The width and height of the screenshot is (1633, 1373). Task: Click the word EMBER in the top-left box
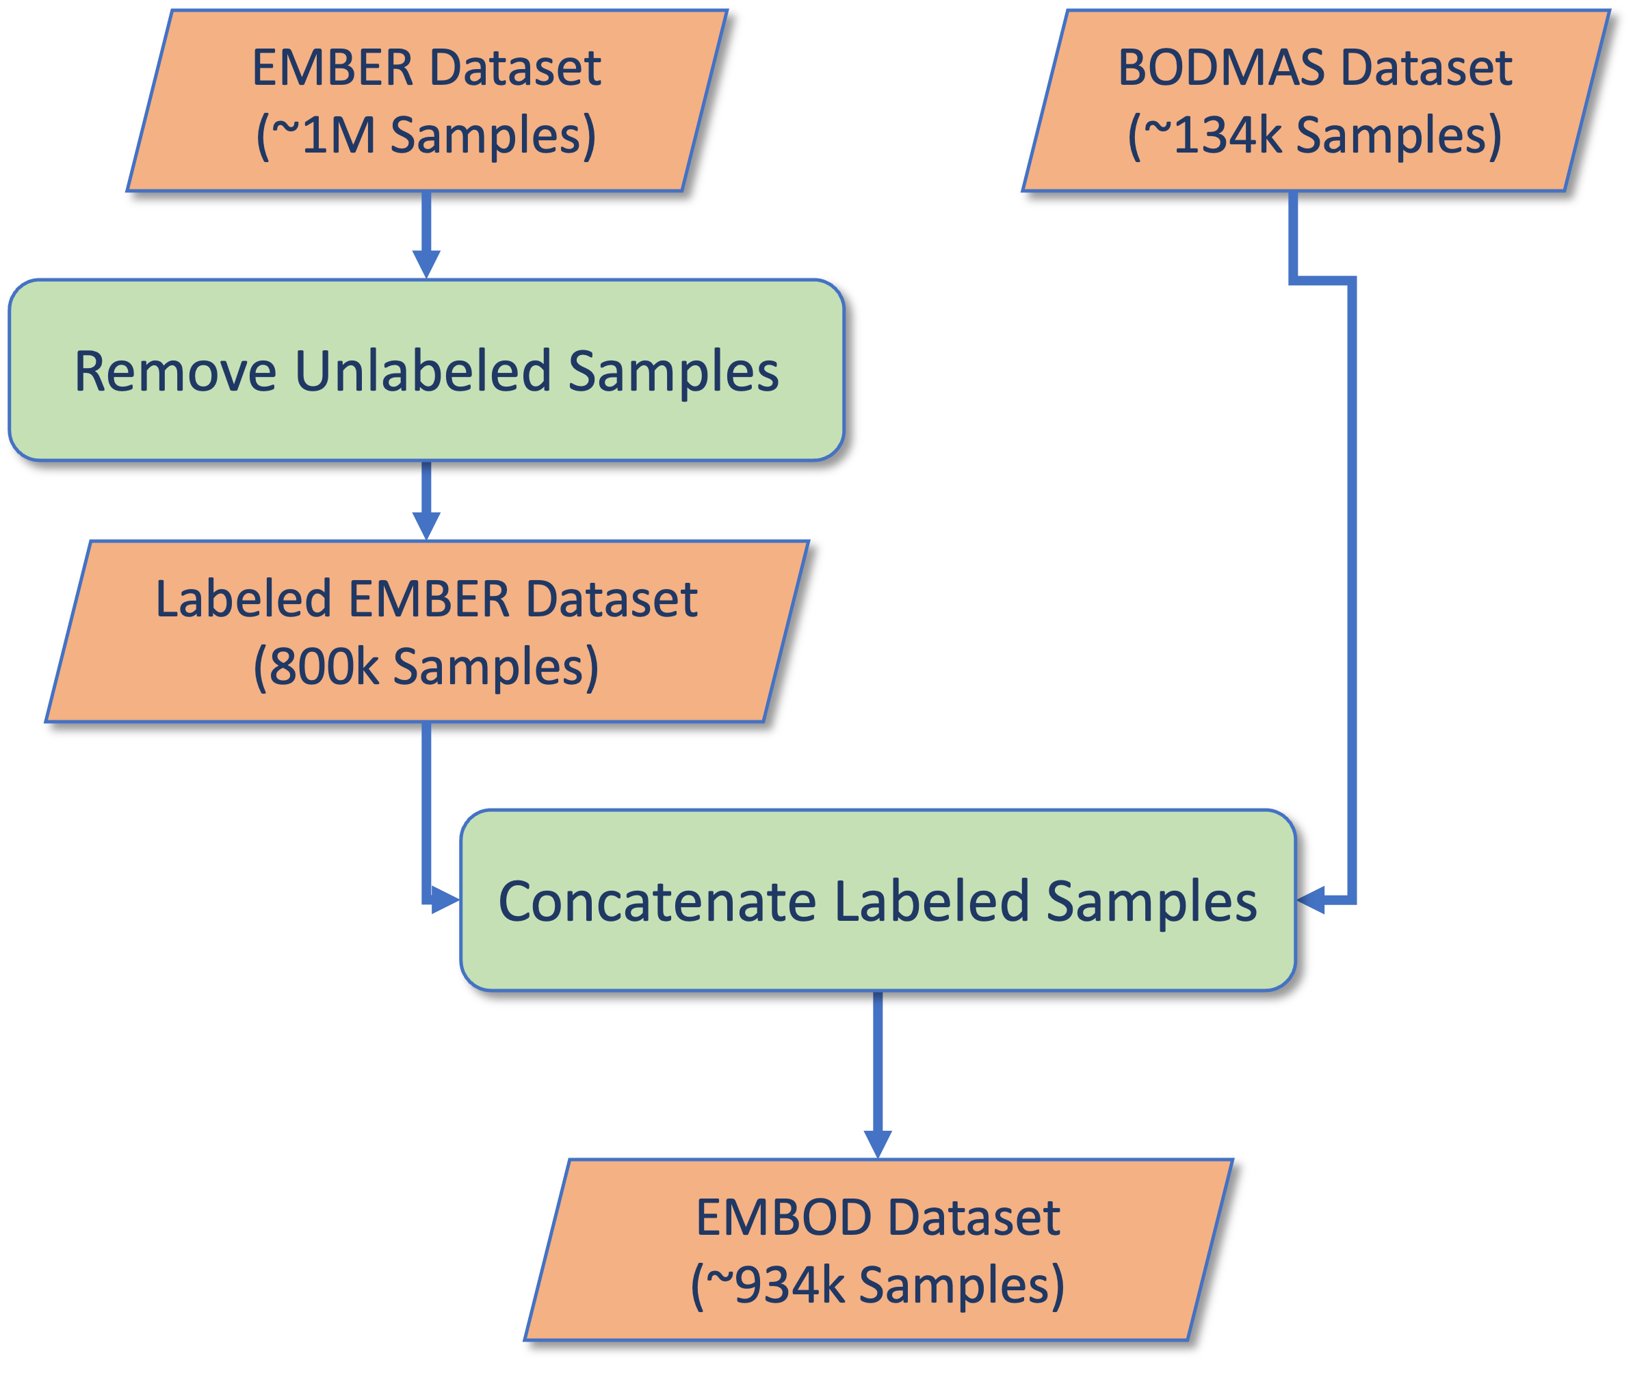click(x=332, y=68)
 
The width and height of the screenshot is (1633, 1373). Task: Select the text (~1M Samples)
click(x=426, y=135)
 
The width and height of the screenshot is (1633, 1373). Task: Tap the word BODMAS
click(x=1220, y=68)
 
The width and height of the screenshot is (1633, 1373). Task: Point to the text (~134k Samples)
click(x=1315, y=135)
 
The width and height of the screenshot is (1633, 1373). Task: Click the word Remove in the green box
click(x=175, y=371)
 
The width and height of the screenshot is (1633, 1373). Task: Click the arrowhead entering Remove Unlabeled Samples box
click(x=426, y=265)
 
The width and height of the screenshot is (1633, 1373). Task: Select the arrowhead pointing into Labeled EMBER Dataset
click(x=426, y=526)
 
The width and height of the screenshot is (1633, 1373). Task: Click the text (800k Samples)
click(x=426, y=666)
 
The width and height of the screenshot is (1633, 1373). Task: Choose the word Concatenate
click(x=657, y=902)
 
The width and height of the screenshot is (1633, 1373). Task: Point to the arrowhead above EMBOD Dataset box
click(x=878, y=1144)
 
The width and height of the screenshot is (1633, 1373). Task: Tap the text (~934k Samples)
click(x=878, y=1284)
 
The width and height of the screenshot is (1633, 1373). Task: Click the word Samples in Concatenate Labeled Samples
click(x=1152, y=902)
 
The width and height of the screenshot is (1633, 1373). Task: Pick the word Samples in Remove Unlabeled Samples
click(x=673, y=371)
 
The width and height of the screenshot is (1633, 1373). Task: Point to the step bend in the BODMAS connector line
click(x=1323, y=280)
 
